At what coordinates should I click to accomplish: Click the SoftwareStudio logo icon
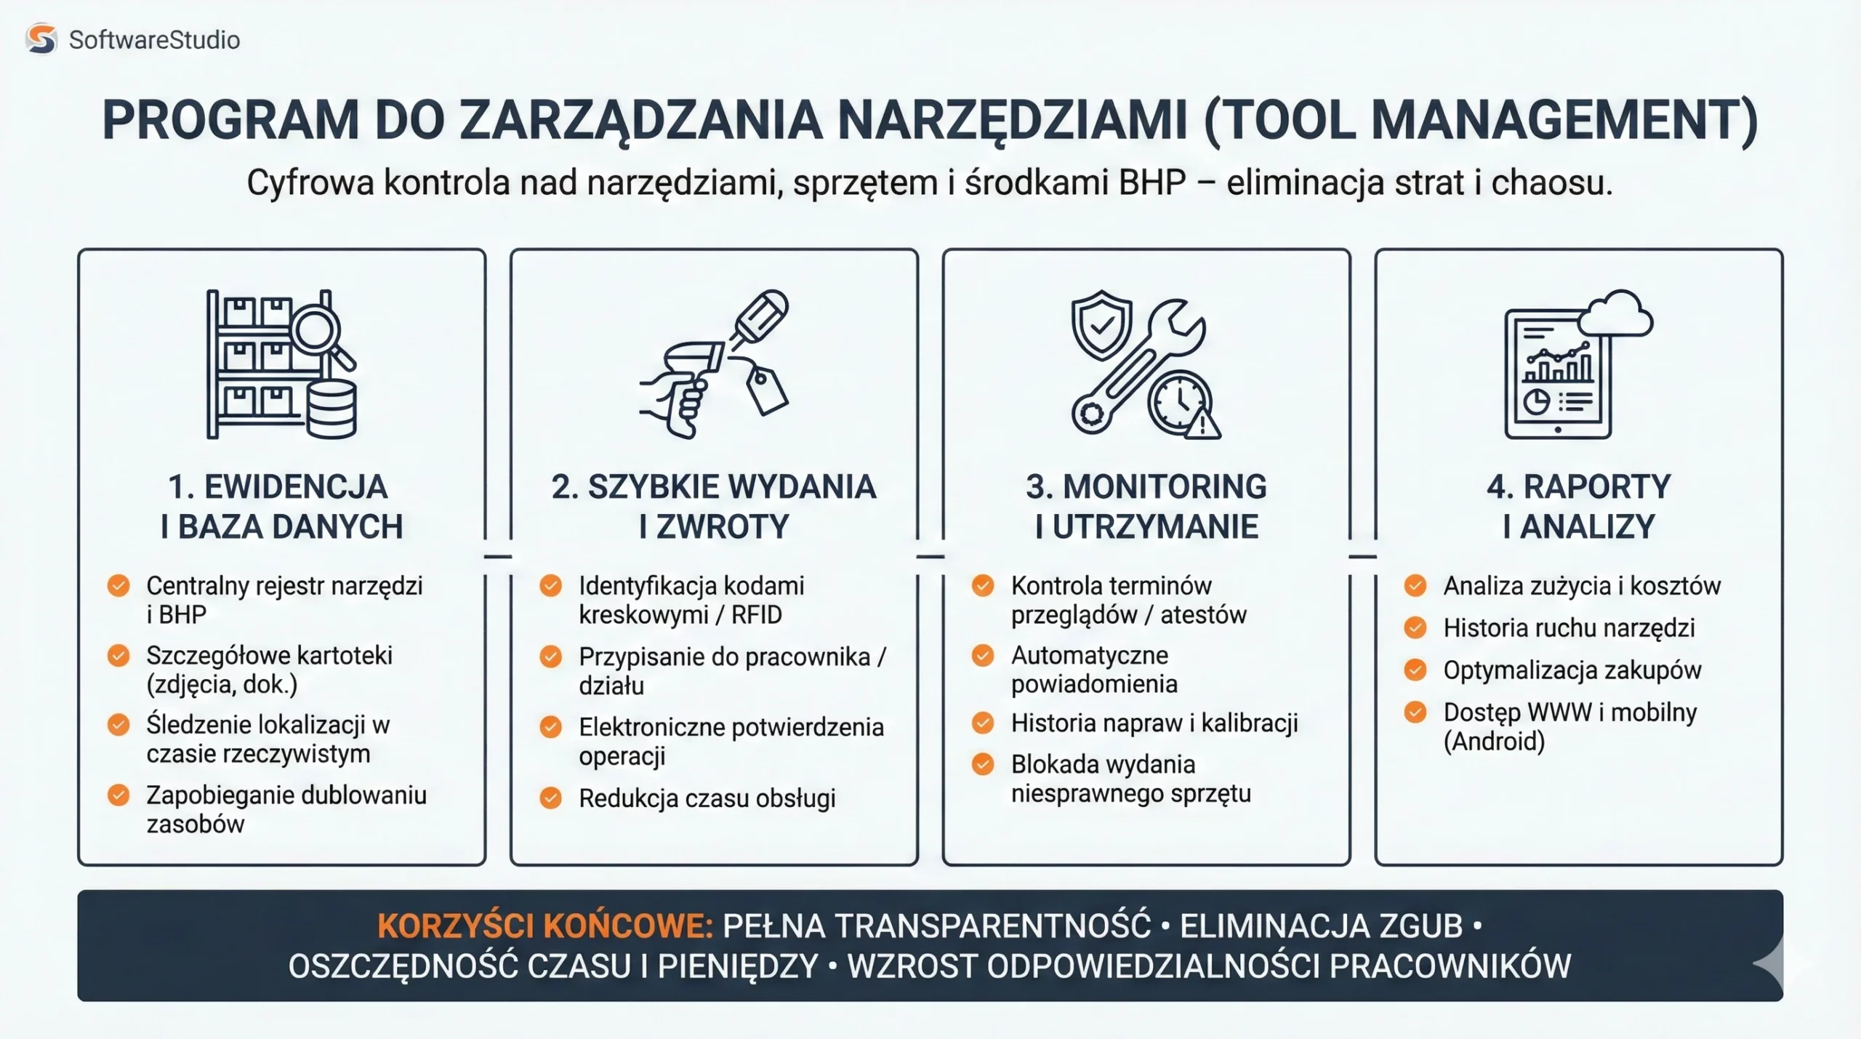click(x=41, y=39)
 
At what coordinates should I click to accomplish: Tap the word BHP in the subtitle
click(x=1152, y=182)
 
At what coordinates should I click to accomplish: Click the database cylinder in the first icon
click(x=331, y=409)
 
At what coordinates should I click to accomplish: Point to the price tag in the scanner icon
click(x=767, y=390)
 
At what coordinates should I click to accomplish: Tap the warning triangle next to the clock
click(x=1202, y=424)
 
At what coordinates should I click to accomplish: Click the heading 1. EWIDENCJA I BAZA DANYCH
click(x=281, y=506)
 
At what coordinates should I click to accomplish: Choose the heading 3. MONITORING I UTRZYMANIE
click(x=1146, y=506)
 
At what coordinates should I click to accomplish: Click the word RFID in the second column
click(x=756, y=615)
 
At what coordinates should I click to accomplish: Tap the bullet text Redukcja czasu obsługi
click(x=707, y=798)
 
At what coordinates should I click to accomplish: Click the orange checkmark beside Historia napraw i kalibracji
click(x=983, y=723)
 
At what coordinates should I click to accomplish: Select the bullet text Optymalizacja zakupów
click(x=1572, y=670)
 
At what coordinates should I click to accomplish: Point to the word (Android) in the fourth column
click(x=1494, y=742)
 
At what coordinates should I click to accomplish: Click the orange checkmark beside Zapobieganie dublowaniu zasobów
click(x=118, y=795)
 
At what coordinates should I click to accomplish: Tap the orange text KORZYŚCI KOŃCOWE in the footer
click(x=544, y=926)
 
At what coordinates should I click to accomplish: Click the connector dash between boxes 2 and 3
click(x=930, y=557)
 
